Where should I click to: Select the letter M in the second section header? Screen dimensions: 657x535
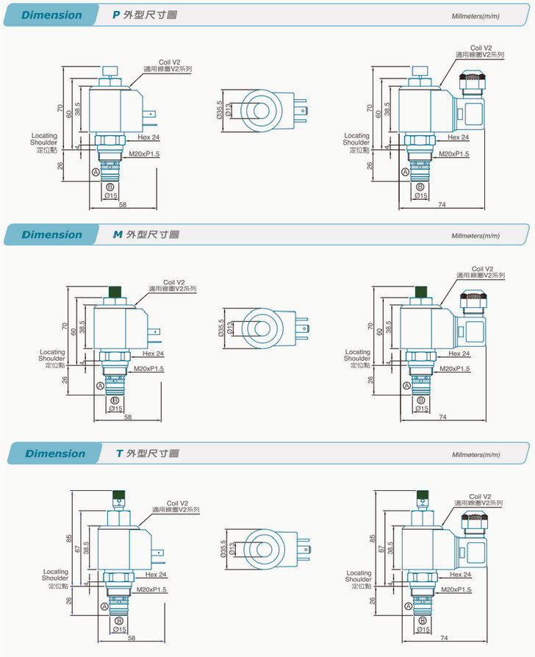point(117,234)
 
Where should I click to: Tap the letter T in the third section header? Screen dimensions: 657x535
point(119,453)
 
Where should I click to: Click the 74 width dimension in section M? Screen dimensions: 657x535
point(442,417)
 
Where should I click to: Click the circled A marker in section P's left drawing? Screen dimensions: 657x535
point(96,171)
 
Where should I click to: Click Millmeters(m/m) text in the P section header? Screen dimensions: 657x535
point(475,15)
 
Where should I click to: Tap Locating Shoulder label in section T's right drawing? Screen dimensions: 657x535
point(359,578)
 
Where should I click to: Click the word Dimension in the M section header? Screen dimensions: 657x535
point(51,234)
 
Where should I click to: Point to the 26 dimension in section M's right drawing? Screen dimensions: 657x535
point(371,379)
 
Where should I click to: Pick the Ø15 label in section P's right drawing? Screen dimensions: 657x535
point(421,195)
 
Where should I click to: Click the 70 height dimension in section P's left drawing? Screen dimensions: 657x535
point(60,108)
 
